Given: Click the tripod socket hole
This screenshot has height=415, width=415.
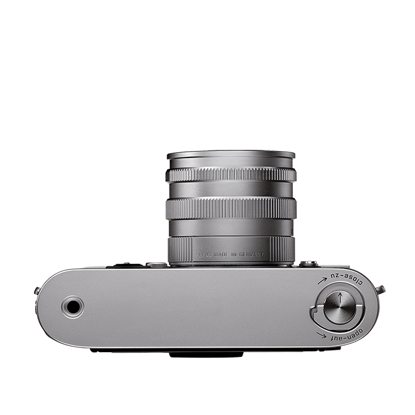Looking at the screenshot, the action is click(x=73, y=307).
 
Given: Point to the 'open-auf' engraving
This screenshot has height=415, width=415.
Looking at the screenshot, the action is click(x=346, y=335).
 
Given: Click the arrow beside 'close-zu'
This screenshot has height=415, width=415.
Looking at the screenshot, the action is click(x=322, y=281).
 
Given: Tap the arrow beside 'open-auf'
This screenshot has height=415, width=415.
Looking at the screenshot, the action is click(x=321, y=335).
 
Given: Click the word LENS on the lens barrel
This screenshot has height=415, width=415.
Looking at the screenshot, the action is click(x=205, y=255).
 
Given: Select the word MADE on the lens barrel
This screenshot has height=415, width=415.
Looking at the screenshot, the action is click(x=221, y=255).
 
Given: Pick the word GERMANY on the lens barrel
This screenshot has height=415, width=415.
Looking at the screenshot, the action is click(x=251, y=255).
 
